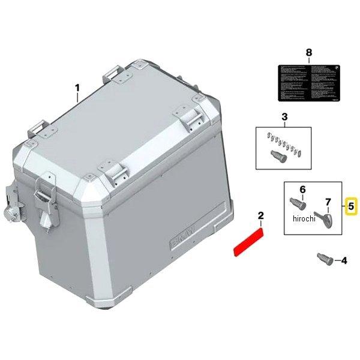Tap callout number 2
click(x=260, y=215)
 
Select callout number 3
click(x=284, y=117)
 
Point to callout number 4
click(x=343, y=261)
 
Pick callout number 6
click(x=302, y=190)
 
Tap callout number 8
click(x=308, y=53)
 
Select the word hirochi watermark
click(x=304, y=218)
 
